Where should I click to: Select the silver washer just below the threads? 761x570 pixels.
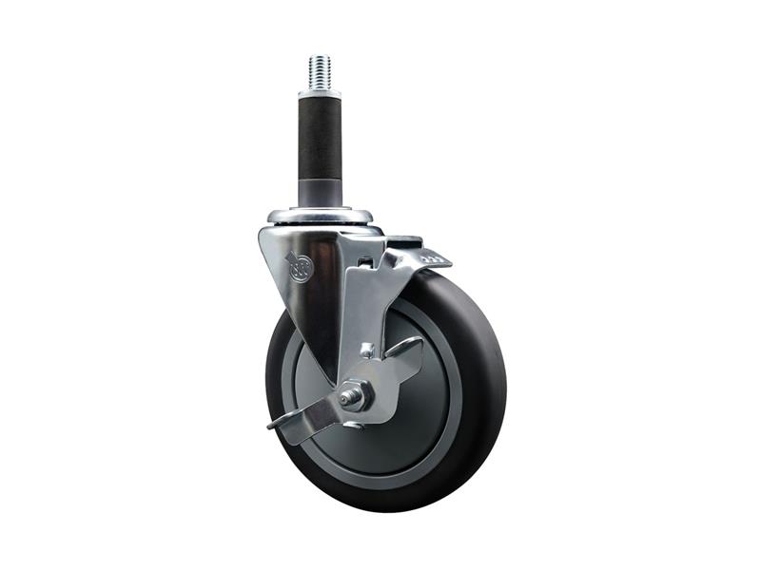click(x=320, y=93)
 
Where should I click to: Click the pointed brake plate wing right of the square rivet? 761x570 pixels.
click(x=404, y=351)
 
